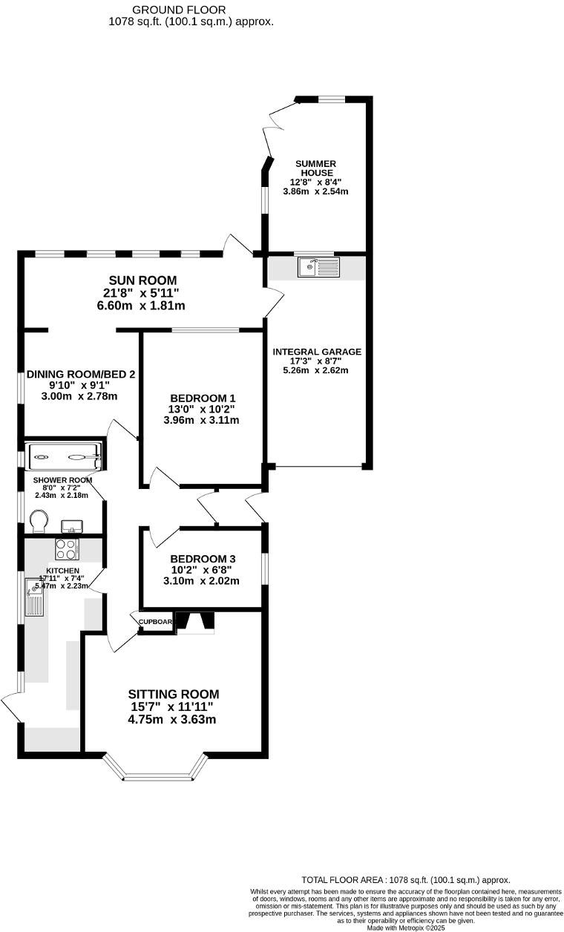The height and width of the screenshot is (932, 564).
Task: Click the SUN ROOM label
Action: point(143,280)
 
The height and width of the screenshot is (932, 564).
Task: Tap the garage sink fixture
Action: point(318,266)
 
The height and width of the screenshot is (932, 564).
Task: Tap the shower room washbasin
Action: point(72,526)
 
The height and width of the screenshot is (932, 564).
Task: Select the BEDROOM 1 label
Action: point(202,397)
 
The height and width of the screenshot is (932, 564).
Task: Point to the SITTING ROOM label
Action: point(173,694)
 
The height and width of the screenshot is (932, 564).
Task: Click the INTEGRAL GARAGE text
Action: point(317,352)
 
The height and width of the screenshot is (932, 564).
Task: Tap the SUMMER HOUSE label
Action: point(315,168)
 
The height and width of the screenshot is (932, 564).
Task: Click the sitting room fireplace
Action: point(194,623)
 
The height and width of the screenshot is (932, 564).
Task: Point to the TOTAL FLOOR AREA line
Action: point(405,879)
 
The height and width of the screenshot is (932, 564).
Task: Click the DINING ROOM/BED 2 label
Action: point(81,375)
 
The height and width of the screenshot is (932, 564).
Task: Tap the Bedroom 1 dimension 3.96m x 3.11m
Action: point(202,420)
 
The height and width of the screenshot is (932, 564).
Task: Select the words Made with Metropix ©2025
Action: point(405,927)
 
